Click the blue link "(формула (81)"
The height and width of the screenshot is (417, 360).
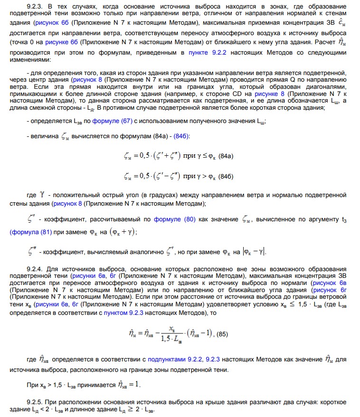pyautogui.click(x=30, y=233)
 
